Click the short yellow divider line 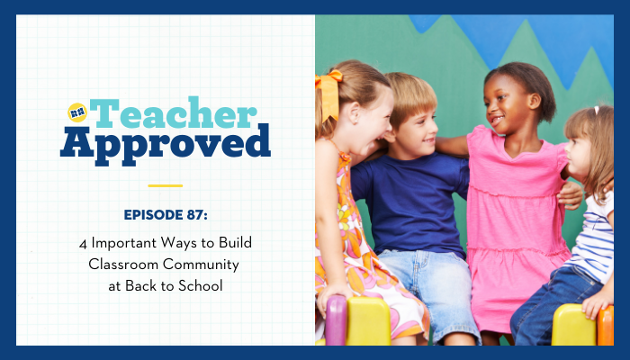coord(165,185)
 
